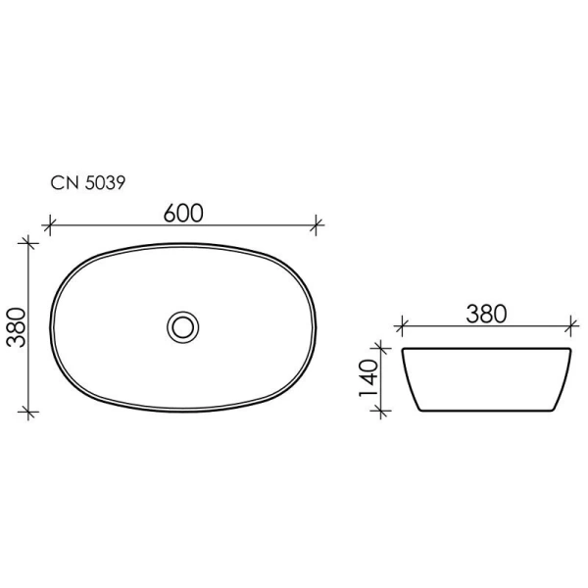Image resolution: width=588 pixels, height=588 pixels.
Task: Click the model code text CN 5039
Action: [85, 182]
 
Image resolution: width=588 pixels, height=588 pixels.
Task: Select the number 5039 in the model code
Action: [102, 182]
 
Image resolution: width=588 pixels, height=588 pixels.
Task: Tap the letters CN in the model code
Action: [61, 182]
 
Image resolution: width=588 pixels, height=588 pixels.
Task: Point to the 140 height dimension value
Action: [369, 378]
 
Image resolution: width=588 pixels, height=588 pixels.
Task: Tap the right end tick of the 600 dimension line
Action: [316, 225]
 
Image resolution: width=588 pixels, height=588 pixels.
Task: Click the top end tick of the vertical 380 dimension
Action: [29, 240]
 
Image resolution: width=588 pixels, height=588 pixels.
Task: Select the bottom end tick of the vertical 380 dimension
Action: [29, 410]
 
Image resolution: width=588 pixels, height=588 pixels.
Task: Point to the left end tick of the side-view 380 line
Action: [400, 324]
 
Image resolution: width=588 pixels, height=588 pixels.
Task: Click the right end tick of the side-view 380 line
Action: [570, 324]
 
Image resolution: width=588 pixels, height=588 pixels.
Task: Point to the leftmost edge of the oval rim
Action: [50, 323]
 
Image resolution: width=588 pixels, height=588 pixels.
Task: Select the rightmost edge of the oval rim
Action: [316, 323]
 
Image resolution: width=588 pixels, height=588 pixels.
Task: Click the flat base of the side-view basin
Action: [485, 411]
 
